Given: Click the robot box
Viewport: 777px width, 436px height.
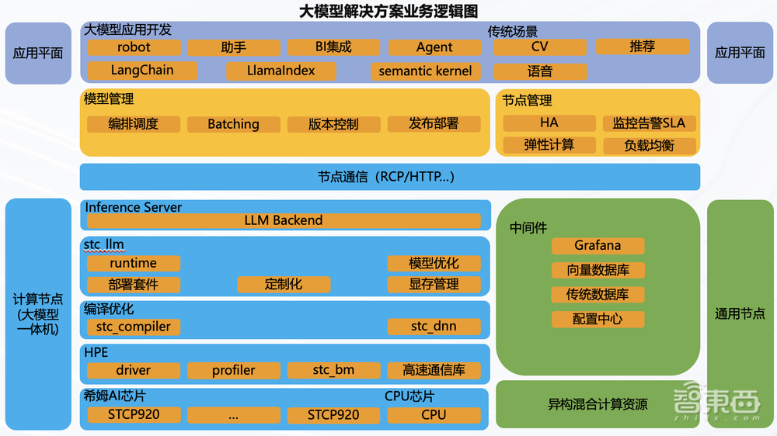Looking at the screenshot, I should coord(134,47).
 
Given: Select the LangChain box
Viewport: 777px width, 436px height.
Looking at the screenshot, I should coord(141,71).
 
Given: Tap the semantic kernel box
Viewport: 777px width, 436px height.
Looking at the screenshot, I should coord(425,71).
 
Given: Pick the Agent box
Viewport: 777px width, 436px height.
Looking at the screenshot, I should coord(434,47).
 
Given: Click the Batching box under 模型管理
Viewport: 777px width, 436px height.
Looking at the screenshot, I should coord(233,124).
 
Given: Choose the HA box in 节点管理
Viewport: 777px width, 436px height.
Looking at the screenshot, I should coord(549,123).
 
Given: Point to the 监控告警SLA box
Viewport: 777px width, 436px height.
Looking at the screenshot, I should coord(649,123).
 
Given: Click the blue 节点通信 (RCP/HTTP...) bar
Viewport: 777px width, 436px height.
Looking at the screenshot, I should coord(389,177).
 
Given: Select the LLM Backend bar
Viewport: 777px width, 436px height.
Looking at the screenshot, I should coord(283,220).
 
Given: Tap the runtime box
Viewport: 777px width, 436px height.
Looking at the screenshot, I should coord(133,263).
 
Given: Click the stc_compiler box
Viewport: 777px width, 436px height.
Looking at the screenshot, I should coord(133,327).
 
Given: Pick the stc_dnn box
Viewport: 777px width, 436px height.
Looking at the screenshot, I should coord(434,327).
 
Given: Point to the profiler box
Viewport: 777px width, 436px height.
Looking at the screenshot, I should coord(233,371).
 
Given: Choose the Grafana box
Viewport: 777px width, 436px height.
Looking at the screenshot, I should coord(598,246).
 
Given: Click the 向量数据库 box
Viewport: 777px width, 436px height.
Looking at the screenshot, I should coord(598,271).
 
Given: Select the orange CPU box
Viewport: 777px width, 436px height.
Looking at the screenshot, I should coord(434,415).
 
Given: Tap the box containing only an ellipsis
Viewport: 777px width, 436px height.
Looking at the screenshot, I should coord(233,415).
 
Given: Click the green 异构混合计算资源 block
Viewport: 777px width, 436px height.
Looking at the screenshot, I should coord(598,404).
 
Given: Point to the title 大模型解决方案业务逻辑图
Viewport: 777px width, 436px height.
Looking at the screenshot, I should coord(388,11).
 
